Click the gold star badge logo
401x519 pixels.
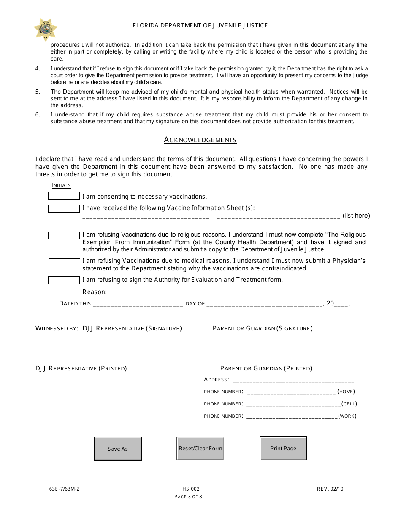46,30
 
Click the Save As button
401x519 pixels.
118,449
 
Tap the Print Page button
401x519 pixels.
283,448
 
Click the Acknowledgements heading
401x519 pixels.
200,140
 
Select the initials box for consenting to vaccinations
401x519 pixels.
64,196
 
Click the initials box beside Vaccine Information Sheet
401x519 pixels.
64,208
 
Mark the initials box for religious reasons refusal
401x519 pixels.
64,235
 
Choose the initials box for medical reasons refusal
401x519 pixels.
64,262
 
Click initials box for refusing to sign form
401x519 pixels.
64,280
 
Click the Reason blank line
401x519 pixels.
222,293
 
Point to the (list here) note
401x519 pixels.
356,216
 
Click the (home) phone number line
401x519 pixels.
291,392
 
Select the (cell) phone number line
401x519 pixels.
293,404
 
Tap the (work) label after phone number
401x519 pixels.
347,416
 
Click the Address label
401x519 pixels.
216,380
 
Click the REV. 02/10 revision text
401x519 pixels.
330,489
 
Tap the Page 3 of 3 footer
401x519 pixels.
188,497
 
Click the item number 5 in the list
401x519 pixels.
38,92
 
